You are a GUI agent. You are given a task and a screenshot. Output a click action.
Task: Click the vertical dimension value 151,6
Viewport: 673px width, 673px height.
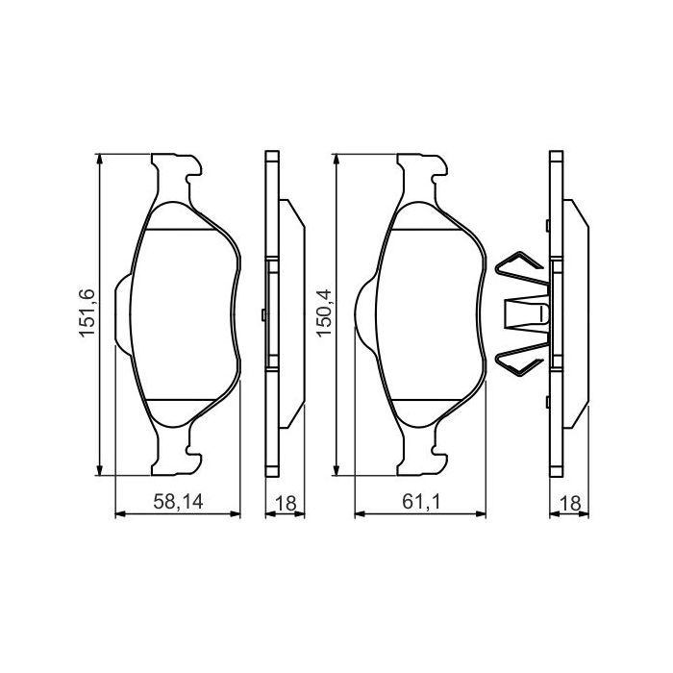(x=87, y=313)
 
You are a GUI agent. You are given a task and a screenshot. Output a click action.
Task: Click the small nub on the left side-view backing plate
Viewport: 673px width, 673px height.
(x=262, y=314)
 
